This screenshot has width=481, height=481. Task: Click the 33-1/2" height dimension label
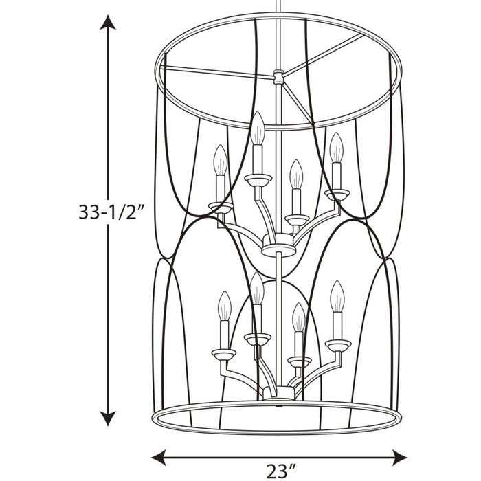pos(111,212)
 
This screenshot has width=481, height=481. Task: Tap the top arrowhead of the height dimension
pos(108,22)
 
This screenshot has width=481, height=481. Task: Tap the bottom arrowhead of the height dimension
pos(108,418)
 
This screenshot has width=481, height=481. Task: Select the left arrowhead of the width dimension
pos(159,458)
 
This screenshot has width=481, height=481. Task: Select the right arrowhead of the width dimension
pos(399,458)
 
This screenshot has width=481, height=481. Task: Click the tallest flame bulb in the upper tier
pos(258,128)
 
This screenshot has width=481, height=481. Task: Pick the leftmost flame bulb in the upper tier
pos(221,160)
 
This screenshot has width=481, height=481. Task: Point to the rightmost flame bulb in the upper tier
pos(336,148)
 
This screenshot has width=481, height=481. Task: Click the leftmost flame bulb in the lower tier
pos(225,306)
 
